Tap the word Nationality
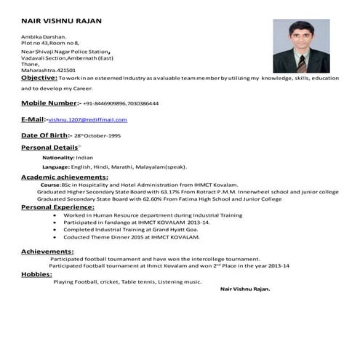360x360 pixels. (57, 157)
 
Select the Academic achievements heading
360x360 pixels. (65, 177)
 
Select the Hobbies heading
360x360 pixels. (36, 274)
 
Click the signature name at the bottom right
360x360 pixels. (244, 289)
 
